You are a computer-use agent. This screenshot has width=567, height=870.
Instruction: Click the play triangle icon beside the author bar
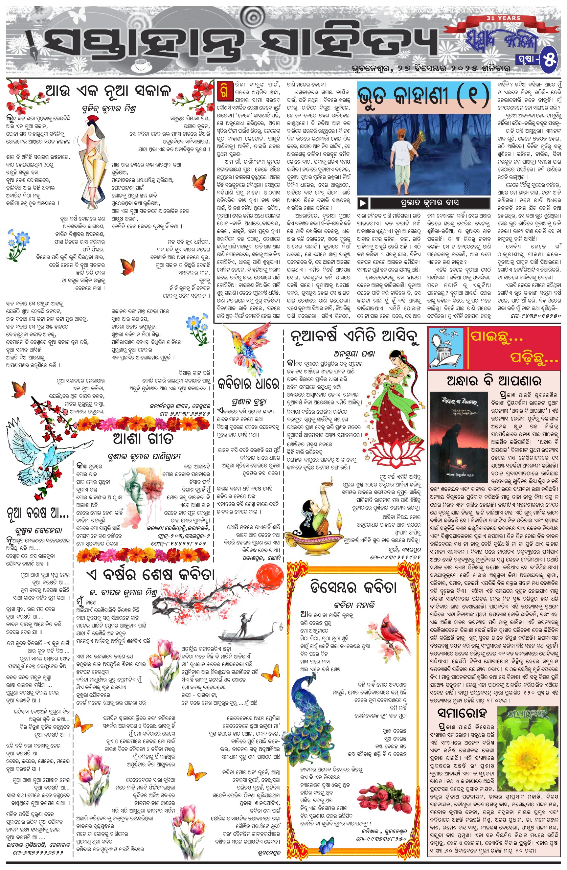(x=362, y=202)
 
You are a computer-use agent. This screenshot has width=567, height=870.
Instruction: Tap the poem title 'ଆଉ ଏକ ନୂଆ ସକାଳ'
(x=108, y=90)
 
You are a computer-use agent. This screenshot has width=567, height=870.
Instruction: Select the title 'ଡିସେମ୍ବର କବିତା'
(x=353, y=587)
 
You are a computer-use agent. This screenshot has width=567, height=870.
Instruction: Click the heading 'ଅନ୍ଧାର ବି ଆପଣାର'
(x=493, y=381)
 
